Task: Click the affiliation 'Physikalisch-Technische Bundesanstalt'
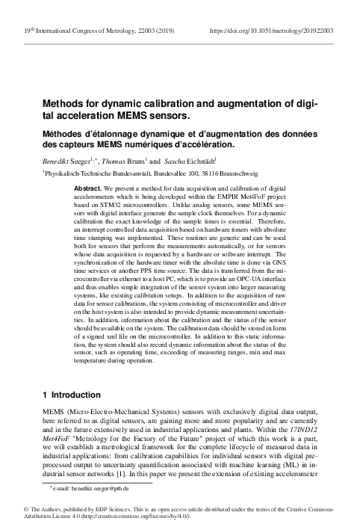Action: (x=96, y=173)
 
